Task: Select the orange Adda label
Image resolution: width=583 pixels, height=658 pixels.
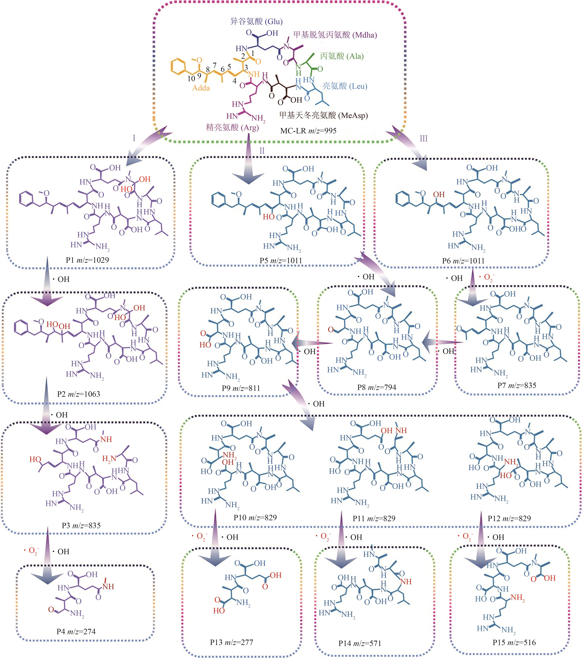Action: click(201, 88)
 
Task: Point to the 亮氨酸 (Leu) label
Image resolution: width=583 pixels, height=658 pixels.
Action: click(345, 86)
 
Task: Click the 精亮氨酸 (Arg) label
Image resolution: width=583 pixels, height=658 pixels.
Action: click(232, 127)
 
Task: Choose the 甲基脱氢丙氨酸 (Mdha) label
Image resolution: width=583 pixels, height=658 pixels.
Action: click(335, 35)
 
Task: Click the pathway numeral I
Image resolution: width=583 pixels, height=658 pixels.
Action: click(134, 138)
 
